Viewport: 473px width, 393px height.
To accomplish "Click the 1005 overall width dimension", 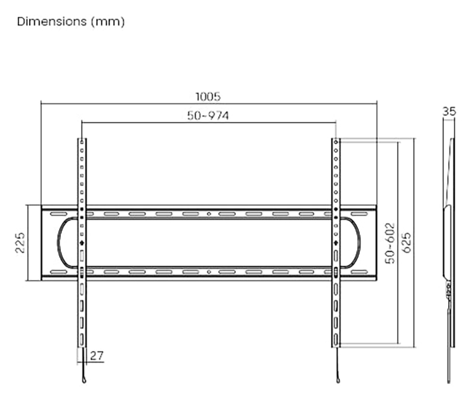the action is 208,96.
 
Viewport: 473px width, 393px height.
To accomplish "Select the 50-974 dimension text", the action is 208,115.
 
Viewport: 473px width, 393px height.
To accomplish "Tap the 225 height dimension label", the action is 20,243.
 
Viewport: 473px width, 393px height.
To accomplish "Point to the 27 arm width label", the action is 96,356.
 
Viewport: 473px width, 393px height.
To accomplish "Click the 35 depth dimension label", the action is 449,111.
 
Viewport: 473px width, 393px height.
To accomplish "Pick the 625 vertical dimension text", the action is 406,243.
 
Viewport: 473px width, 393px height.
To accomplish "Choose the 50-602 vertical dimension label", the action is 390,243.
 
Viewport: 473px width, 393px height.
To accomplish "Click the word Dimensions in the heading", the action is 51,21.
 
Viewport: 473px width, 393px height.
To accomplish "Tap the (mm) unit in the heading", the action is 108,22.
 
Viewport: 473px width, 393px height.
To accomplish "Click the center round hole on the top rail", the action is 209,214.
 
